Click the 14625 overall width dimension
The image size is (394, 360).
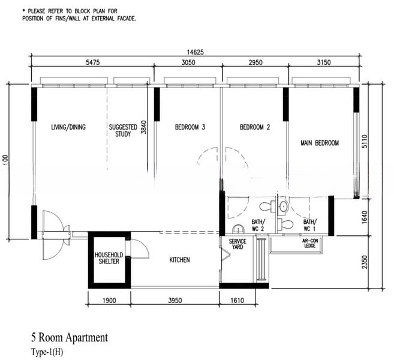(196, 52)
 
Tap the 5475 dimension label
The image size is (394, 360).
(93, 62)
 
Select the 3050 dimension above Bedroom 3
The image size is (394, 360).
(188, 62)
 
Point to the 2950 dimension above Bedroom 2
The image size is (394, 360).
(255, 62)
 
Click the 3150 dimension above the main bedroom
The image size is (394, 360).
(324, 62)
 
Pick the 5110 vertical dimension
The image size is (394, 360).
(365, 141)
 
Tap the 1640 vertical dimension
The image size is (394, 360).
(365, 217)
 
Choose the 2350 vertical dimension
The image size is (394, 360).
(365, 262)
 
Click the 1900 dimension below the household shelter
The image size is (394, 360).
(109, 301)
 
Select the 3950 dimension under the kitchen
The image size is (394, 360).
(175, 301)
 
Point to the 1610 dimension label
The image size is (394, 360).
(237, 301)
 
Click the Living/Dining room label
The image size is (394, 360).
(68, 127)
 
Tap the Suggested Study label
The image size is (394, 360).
(123, 130)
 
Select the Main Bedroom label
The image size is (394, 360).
(320, 143)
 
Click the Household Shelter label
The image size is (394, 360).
(109, 258)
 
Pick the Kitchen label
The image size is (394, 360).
(179, 260)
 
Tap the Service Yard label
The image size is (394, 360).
(237, 244)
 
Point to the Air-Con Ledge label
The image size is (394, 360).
(310, 243)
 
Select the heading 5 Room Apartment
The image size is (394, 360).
(70, 337)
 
